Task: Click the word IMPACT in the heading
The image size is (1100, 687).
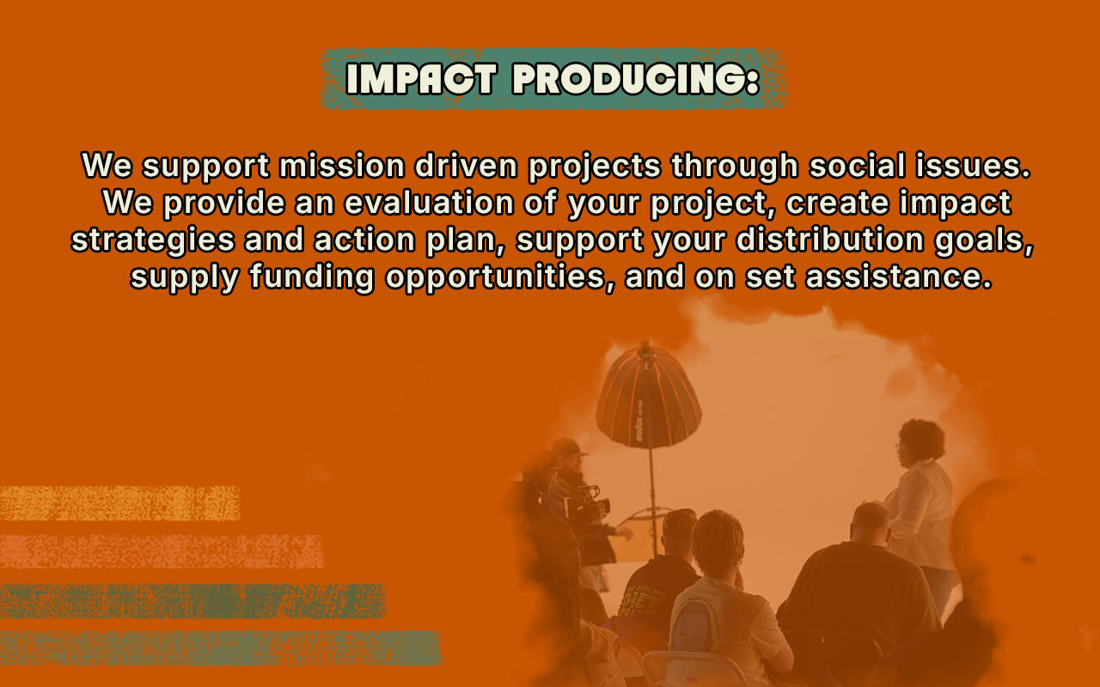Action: (421, 78)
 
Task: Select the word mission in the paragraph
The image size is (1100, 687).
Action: (342, 166)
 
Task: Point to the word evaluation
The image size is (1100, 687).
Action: (429, 203)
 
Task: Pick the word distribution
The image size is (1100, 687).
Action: (830, 240)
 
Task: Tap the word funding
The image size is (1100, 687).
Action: (312, 277)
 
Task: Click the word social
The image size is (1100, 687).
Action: (857, 166)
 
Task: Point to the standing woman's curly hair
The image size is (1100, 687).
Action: (922, 439)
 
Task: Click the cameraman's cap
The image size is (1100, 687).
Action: (567, 447)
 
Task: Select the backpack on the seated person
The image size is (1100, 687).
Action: (694, 625)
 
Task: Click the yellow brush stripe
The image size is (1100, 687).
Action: (119, 503)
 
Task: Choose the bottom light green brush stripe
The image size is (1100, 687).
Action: (221, 647)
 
